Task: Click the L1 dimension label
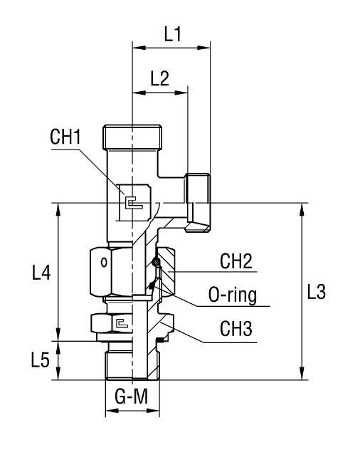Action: pyautogui.click(x=172, y=34)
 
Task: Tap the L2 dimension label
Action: pyautogui.click(x=160, y=79)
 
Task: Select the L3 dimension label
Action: pyautogui.click(x=316, y=292)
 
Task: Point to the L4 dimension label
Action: pyautogui.click(x=41, y=273)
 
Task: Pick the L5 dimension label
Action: pyautogui.click(x=40, y=360)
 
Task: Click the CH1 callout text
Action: pyautogui.click(x=65, y=137)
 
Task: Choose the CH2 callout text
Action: pyautogui.click(x=236, y=261)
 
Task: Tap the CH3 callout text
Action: pyautogui.click(x=236, y=329)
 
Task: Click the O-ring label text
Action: pyautogui.click(x=233, y=295)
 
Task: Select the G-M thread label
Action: pyautogui.click(x=132, y=397)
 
